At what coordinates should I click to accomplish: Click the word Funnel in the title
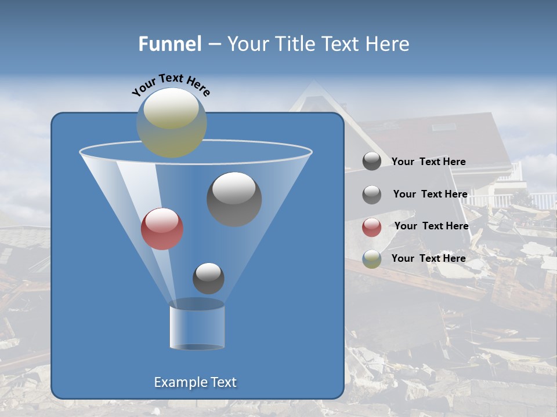coord(169,44)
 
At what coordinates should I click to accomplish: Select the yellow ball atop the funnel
coord(172,122)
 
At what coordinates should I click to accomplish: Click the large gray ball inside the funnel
coord(234,199)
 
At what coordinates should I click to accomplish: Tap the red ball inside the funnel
coord(162,229)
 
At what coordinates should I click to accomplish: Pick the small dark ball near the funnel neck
coord(208,278)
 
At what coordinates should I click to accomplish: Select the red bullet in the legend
coord(372,227)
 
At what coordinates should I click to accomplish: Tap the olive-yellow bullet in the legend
coord(372,259)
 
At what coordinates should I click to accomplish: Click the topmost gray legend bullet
coord(372,162)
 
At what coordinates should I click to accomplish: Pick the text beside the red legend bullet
coord(431,226)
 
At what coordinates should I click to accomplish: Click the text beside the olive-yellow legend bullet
coord(428,258)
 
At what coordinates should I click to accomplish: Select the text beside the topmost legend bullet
coord(428,162)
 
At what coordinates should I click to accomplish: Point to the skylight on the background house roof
coord(444,127)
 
